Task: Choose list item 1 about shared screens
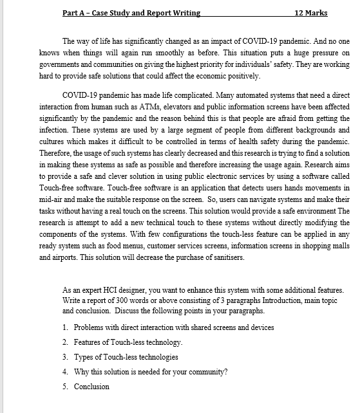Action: (174, 327)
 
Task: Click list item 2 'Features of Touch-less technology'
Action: (128, 342)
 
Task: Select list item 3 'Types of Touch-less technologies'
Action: (126, 357)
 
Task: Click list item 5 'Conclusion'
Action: (91, 387)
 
